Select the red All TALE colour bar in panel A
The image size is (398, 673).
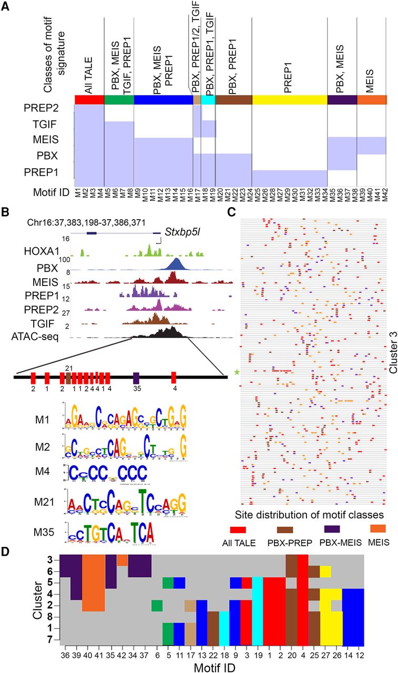[x=89, y=100]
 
